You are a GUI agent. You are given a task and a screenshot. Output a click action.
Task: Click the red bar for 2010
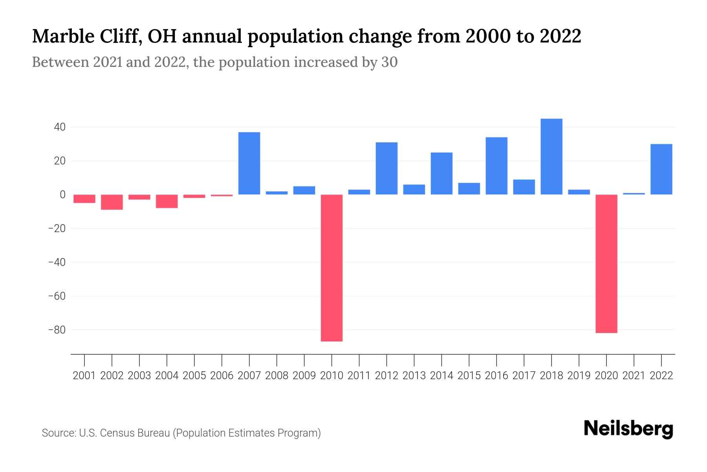click(x=332, y=267)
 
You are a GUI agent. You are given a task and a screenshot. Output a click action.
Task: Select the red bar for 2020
click(x=606, y=264)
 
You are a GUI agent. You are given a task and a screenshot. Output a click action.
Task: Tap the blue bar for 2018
click(x=551, y=157)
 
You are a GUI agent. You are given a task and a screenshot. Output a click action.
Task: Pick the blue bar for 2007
click(x=249, y=163)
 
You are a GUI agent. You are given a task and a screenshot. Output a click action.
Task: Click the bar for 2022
click(x=661, y=169)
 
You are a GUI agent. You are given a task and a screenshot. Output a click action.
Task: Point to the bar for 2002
click(x=112, y=202)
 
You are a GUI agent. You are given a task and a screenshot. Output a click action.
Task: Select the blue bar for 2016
click(x=496, y=166)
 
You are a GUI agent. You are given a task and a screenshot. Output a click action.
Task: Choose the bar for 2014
click(x=441, y=173)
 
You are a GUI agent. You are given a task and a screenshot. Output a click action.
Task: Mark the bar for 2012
click(x=386, y=168)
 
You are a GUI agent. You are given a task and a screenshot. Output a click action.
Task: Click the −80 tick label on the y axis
click(x=57, y=330)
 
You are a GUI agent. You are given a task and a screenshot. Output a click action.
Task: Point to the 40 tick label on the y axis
click(x=60, y=127)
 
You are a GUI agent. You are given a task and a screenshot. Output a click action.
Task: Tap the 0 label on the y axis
click(x=62, y=195)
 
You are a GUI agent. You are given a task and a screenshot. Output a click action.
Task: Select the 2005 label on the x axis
click(x=194, y=376)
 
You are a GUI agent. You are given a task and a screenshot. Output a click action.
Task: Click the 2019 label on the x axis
click(x=579, y=376)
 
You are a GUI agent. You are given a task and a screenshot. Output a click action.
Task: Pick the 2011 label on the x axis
click(x=359, y=376)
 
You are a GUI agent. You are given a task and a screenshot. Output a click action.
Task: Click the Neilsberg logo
click(x=628, y=429)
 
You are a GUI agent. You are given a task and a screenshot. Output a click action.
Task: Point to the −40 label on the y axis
click(x=57, y=262)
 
